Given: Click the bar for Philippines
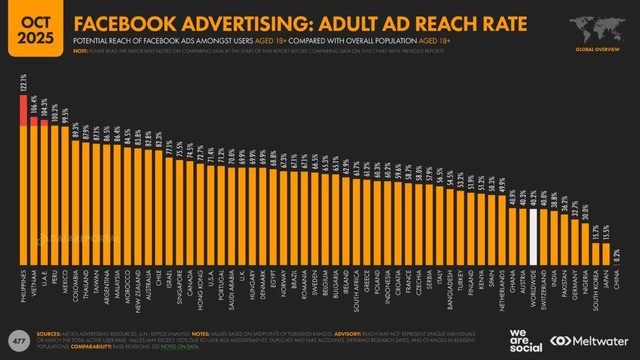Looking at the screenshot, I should [x=24, y=187].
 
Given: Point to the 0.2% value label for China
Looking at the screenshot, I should [x=617, y=256].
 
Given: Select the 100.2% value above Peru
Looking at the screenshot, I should [x=55, y=116].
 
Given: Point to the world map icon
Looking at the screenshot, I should [x=596, y=27].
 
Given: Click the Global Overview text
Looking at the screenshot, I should [x=597, y=48].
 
